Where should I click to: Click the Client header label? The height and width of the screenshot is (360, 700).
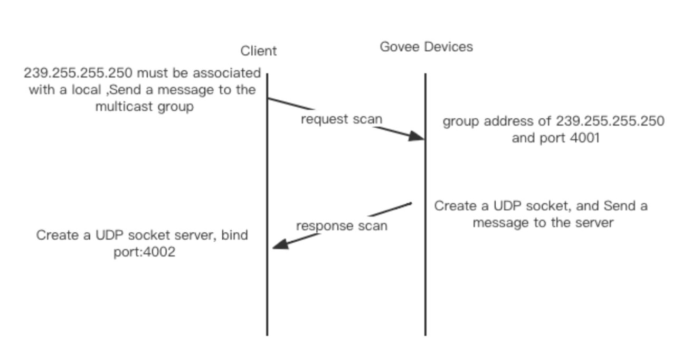pyautogui.click(x=258, y=51)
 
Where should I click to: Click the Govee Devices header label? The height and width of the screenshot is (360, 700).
pyautogui.click(x=426, y=47)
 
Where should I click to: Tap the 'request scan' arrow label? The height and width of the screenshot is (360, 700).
pyautogui.click(x=341, y=119)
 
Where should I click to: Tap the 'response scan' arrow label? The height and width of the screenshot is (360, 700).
pyautogui.click(x=342, y=226)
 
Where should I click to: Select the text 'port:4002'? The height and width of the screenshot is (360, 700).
pyautogui.click(x=144, y=252)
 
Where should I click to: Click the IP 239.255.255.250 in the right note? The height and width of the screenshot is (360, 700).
pyautogui.click(x=610, y=121)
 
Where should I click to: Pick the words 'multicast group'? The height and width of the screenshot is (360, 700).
pyautogui.click(x=144, y=107)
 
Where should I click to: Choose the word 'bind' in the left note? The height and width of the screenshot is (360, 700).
pyautogui.click(x=234, y=235)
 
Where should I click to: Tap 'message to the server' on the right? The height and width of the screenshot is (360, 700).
pyautogui.click(x=543, y=223)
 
